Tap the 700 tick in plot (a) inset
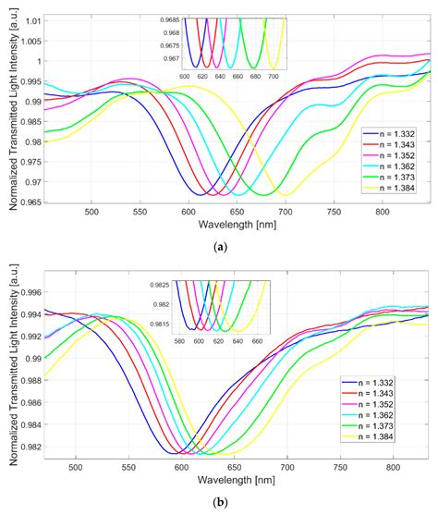(273, 77)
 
